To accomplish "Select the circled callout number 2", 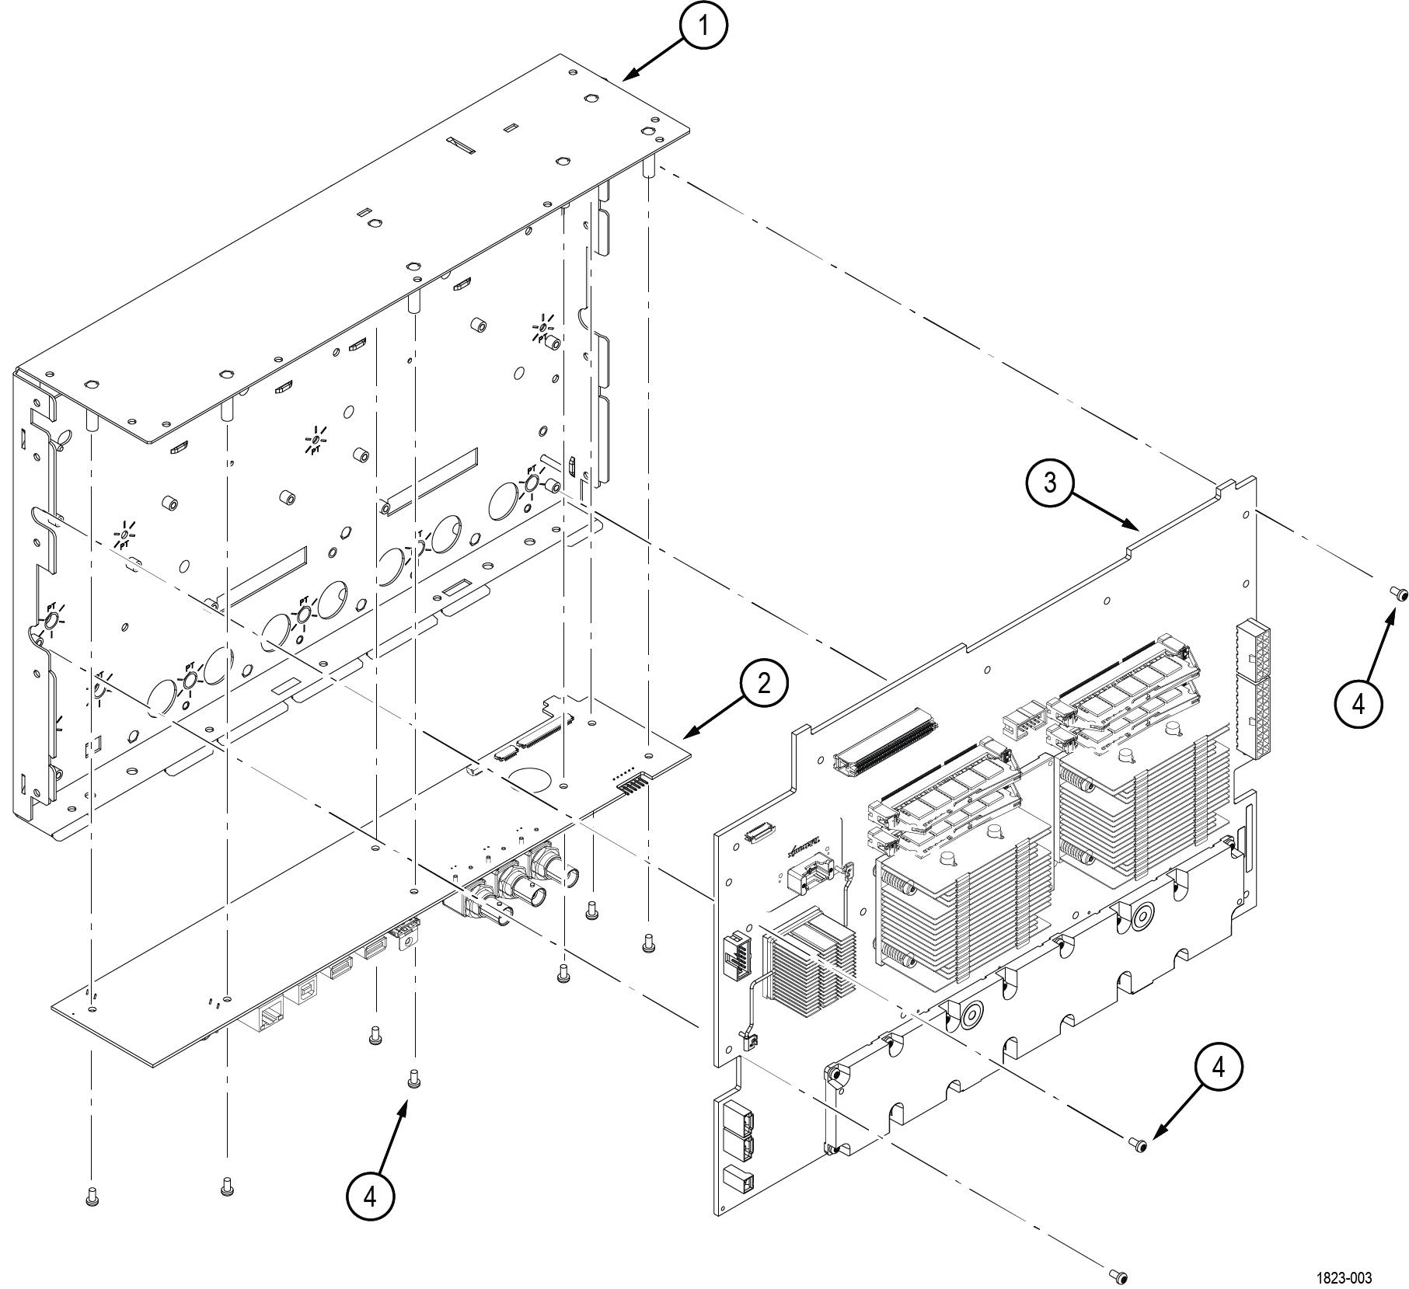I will pos(764,684).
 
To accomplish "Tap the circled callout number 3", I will pos(1050,483).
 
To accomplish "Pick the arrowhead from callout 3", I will pos(1136,528).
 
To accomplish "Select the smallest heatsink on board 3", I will pos(810,966).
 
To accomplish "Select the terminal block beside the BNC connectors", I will pos(406,930).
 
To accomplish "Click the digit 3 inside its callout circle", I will pos(1050,483).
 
